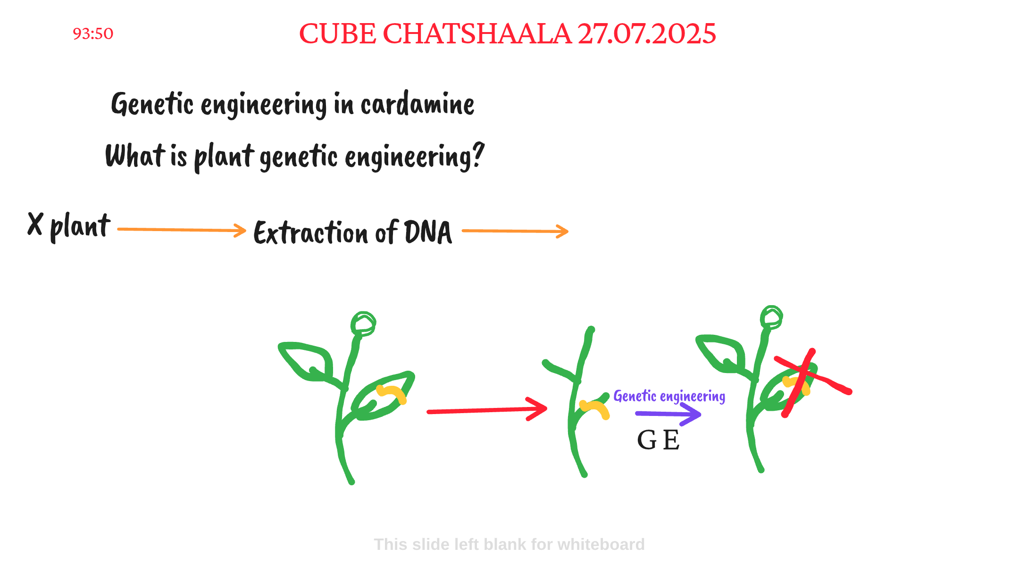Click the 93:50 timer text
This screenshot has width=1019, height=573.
coord(93,34)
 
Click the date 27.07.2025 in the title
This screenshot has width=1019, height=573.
coord(647,34)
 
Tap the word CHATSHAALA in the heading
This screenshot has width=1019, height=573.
coord(476,34)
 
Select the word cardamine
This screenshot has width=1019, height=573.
coord(418,104)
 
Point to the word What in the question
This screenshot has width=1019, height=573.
coord(135,156)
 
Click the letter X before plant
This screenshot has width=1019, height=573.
coord(35,224)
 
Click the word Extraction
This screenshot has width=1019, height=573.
coord(310,233)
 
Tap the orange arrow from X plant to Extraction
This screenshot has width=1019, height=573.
coord(182,230)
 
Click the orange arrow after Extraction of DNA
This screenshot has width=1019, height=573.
coord(515,231)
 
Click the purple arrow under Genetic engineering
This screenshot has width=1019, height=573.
coord(668,414)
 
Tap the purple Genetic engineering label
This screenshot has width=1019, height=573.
coord(669,396)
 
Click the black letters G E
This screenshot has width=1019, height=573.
coord(658,440)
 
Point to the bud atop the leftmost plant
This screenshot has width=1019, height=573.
coord(363,324)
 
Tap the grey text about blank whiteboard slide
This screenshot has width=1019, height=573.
coord(509,544)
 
